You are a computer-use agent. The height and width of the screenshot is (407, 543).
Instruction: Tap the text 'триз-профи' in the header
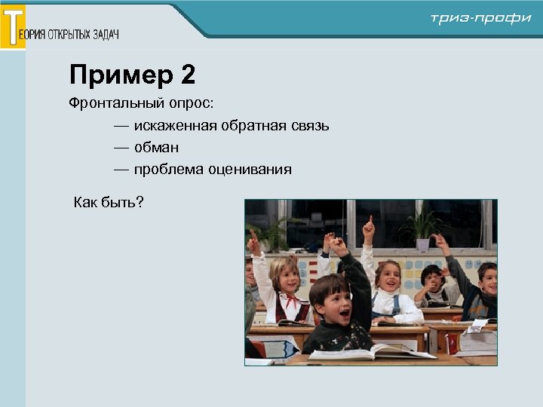tap(480, 18)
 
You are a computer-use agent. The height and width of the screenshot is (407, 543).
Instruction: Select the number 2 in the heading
tap(188, 75)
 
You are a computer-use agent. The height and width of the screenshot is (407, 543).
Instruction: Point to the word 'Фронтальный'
tap(116, 103)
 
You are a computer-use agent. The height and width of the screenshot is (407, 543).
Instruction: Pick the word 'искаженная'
tap(175, 125)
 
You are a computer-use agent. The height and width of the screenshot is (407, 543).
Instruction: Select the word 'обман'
tap(156, 147)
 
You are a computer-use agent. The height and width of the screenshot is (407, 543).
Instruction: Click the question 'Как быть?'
tap(109, 202)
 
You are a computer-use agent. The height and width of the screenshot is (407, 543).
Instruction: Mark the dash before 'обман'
tap(121, 147)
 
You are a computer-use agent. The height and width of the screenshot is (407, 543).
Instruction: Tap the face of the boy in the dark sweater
tap(333, 299)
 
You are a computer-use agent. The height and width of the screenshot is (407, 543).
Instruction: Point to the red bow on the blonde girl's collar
tap(291, 299)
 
